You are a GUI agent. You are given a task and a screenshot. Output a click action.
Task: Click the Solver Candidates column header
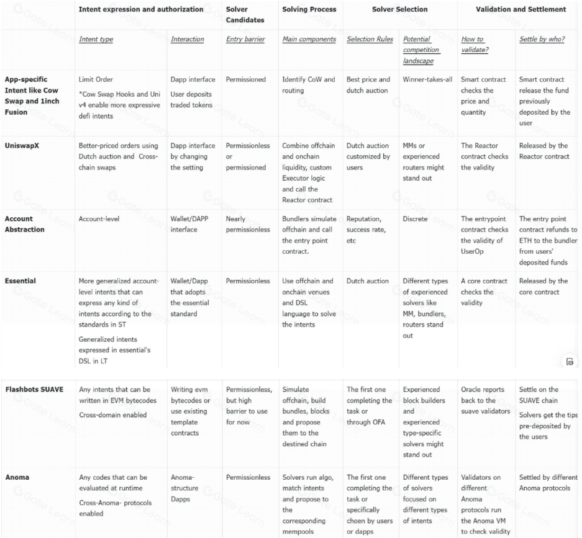(245, 14)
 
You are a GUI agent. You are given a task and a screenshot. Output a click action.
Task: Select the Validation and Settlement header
(521, 9)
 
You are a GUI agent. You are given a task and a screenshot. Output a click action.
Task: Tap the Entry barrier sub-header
(245, 39)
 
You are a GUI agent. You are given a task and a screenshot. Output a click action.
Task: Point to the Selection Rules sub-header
(370, 39)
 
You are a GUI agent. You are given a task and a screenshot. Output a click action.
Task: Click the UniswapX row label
(20, 146)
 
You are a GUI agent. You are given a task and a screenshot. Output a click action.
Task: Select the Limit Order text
(96, 79)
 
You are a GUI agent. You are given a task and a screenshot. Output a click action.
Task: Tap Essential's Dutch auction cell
(367, 281)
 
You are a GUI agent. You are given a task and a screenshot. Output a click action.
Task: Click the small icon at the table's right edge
(570, 361)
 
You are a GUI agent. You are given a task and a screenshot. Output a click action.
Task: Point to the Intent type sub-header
(96, 39)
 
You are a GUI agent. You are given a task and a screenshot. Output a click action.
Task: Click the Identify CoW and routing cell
(309, 85)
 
